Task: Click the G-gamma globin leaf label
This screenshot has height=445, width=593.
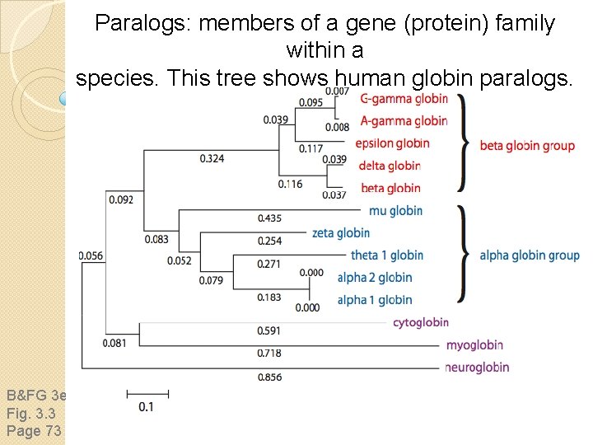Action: [404, 99]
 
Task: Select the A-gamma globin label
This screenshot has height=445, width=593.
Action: [404, 121]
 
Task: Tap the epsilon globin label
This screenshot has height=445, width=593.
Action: [393, 143]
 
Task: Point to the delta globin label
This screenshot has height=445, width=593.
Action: [390, 166]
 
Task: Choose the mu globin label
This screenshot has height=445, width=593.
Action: [395, 210]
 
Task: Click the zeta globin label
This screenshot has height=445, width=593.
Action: [341, 232]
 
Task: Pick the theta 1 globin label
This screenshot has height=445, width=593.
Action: [386, 255]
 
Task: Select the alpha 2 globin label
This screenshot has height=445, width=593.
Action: [375, 277]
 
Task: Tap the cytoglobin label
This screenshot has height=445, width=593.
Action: [421, 322]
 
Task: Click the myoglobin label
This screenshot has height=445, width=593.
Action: [474, 344]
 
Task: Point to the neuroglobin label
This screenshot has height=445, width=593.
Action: [477, 367]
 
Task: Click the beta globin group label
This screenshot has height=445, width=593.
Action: [527, 146]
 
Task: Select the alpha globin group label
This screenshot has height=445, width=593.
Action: [529, 255]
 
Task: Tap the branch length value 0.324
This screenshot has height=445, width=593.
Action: [212, 158]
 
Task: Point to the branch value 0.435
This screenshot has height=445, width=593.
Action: [269, 218]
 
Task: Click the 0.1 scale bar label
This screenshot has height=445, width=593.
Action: [147, 406]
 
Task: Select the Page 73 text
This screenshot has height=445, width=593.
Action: [34, 431]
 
